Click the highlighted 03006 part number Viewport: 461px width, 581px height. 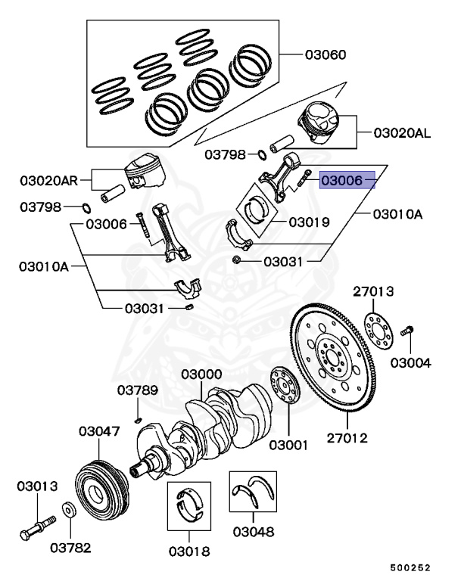347,181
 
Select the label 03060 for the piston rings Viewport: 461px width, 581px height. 326,54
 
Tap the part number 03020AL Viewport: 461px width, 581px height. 402,133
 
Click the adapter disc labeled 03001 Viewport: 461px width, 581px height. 285,387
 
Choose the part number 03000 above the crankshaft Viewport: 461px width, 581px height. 201,374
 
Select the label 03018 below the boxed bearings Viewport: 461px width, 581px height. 189,551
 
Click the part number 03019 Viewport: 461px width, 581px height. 308,222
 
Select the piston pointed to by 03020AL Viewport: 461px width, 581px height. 323,124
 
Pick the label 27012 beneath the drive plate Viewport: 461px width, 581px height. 347,437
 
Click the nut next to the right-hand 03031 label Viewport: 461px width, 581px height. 237,261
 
